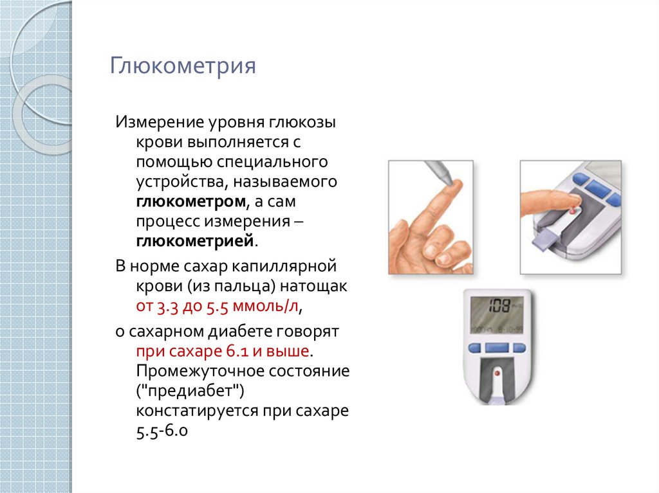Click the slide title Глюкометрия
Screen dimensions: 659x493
tap(183, 66)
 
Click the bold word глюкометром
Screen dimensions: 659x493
tap(190, 202)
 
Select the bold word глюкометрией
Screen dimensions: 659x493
tap(195, 242)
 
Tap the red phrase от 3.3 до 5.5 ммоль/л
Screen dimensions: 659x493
tap(217, 306)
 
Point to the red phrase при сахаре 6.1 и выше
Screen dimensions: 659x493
tap(223, 351)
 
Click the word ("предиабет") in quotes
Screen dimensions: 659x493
tap(190, 391)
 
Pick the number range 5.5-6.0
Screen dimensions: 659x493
tap(162, 431)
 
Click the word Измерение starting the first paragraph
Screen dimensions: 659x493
tap(158, 123)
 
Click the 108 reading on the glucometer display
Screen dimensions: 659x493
tap(499, 306)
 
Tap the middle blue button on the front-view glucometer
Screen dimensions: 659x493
tap(497, 348)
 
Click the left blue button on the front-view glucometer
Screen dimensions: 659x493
tap(474, 348)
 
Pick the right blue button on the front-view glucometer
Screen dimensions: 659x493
tap(519, 348)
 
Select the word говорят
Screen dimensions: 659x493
tap(307, 332)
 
